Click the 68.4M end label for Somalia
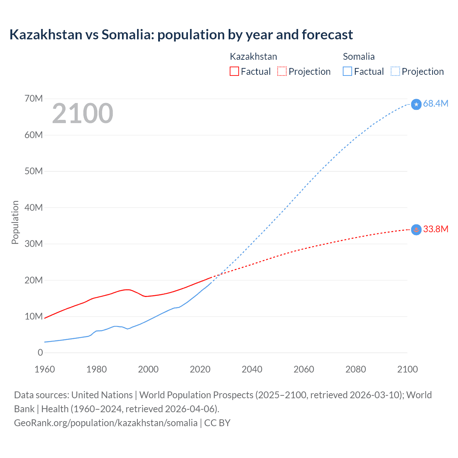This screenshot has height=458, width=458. tap(435, 104)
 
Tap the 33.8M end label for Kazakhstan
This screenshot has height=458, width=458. tap(435, 229)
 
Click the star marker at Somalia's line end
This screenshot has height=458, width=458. tap(416, 104)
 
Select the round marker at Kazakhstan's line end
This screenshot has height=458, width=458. tap(416, 230)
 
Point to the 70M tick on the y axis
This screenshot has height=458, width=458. tap(34, 99)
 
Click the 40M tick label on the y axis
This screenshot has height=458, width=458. tap(34, 208)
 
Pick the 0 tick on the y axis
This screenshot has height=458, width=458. tap(40, 353)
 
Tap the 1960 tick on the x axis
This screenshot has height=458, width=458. tap(45, 369)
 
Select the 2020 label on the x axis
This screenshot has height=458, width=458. tap(200, 369)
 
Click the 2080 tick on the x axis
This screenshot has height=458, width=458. tap(356, 369)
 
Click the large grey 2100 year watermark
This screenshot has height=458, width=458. tap(83, 113)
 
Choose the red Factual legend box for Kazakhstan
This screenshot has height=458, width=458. tap(234, 72)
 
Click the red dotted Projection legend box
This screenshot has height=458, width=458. tap(282, 72)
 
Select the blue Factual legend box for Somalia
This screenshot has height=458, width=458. tap(347, 72)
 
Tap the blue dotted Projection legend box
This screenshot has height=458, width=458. tap(395, 72)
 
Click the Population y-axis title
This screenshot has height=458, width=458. tap(15, 222)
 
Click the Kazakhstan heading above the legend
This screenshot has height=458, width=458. tap(253, 57)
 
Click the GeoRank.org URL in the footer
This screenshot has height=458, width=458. tap(106, 423)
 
